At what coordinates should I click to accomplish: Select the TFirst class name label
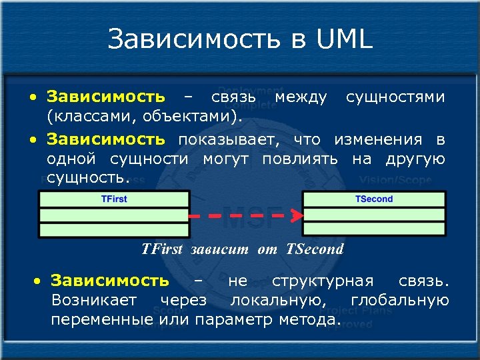pos(113,199)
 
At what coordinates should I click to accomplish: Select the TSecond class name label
pos(373,199)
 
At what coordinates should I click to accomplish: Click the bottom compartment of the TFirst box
pos(114,230)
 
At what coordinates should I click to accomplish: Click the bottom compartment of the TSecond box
pos(373,230)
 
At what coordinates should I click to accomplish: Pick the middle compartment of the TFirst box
pos(114,215)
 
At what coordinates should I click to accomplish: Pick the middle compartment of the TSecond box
pos(373,215)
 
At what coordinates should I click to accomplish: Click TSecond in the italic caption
pos(315,249)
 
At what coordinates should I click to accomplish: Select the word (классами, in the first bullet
pos(83,117)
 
